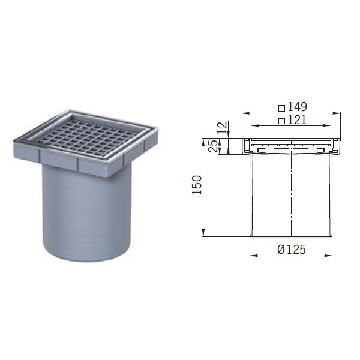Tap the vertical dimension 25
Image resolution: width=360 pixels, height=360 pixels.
click(211, 146)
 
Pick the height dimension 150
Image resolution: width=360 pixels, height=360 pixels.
click(197, 187)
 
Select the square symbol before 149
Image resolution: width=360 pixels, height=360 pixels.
click(282, 108)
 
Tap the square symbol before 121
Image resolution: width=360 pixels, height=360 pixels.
click(282, 121)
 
